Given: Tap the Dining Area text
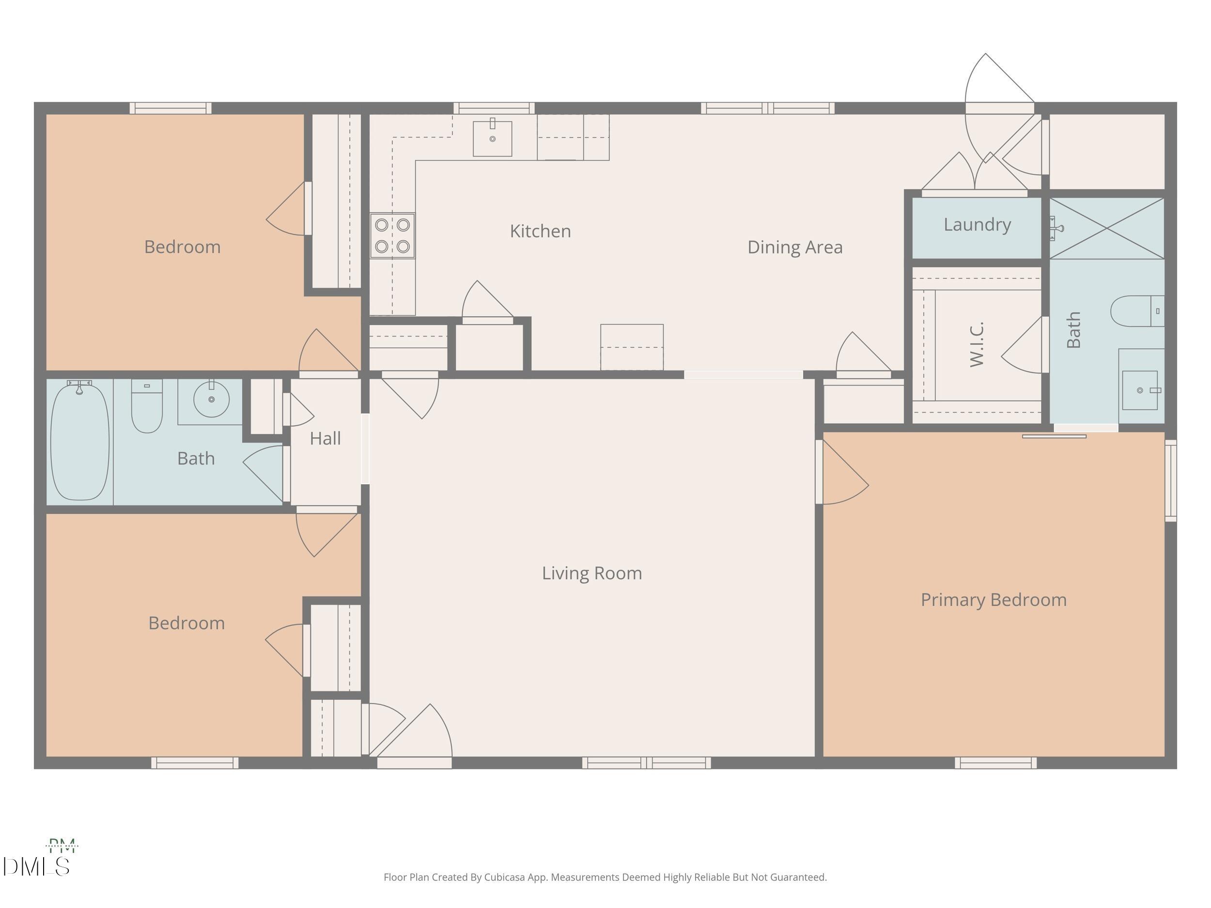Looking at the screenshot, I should coord(794,247).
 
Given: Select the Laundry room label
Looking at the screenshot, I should coord(977,224).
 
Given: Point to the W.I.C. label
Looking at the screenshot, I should coord(977,344).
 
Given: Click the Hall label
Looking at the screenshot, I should coord(325,438).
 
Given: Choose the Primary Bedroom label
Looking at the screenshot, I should coord(993,600).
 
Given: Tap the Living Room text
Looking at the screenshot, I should coord(591,573).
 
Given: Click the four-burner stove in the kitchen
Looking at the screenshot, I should coord(392,235).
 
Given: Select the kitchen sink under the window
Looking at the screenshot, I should coord(492,139).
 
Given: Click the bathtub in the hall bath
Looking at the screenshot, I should coord(80,441).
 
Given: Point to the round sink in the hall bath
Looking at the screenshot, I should coord(211,400).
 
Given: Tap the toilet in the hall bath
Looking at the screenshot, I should coord(147,406).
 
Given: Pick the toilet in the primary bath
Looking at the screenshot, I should coord(1136,311).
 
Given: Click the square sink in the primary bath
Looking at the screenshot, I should coord(1140,390).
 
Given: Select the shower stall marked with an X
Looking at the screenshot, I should coord(1106,228).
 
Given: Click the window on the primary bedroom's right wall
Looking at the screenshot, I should coord(1170,480).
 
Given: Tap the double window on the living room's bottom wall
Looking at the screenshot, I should coord(646,762).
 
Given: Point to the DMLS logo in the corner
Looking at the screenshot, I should coord(36,866).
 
